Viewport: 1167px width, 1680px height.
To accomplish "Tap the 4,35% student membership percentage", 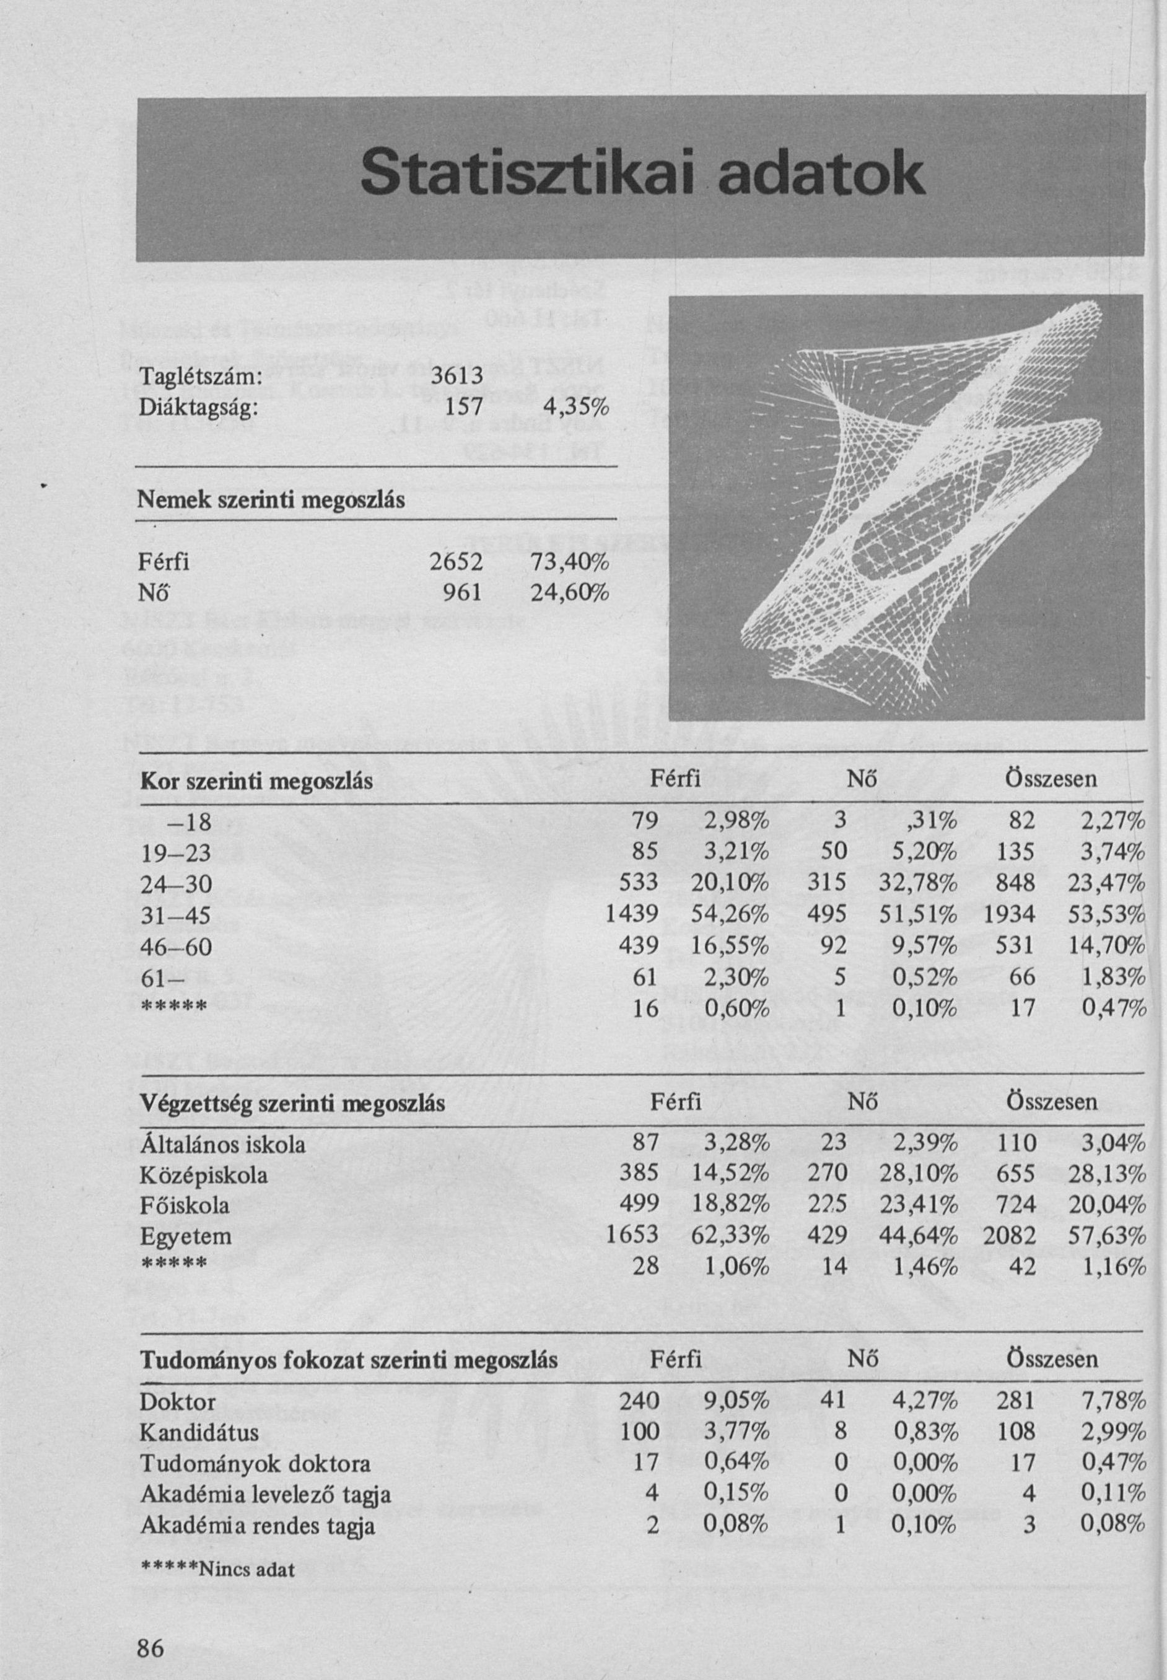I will click(580, 407).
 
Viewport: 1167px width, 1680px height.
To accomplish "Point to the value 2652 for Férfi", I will click(455, 562).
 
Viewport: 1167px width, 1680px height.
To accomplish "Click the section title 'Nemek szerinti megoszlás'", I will click(272, 501).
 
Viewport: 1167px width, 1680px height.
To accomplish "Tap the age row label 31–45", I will click(175, 916).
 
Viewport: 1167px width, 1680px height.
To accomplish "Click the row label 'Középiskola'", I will click(203, 1175).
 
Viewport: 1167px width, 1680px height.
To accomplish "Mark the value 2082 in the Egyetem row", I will click(1009, 1235).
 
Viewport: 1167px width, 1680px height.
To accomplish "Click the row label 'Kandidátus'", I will click(199, 1432).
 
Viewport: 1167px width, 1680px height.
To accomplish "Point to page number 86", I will click(151, 1629).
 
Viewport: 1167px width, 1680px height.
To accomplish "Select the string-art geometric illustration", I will click(905, 507).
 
